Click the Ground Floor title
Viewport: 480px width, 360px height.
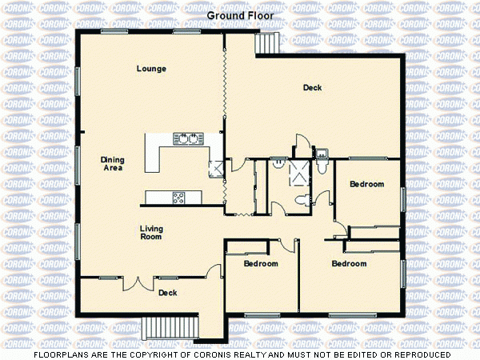(239, 15)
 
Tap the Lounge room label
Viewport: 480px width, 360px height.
(151, 69)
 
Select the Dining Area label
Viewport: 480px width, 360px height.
(112, 164)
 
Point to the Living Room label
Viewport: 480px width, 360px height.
(151, 233)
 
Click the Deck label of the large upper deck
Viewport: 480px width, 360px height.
(312, 87)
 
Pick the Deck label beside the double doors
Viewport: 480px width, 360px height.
(167, 293)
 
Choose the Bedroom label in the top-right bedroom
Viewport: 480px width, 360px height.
(367, 184)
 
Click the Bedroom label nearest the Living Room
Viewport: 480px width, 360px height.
(261, 264)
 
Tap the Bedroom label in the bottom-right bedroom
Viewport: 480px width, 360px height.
(349, 264)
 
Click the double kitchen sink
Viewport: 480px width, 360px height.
(186, 138)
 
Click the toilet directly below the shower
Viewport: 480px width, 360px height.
(302, 199)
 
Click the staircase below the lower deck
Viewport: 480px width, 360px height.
(170, 326)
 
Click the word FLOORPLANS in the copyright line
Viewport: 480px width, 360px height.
(58, 354)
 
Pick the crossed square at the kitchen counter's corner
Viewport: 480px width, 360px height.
(215, 169)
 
